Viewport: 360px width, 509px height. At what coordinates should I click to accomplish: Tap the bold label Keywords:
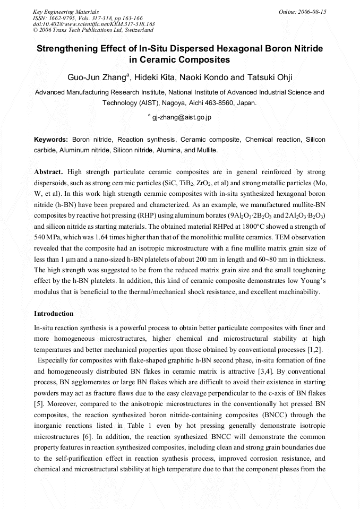51,140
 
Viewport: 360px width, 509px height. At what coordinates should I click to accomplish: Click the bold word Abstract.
48,172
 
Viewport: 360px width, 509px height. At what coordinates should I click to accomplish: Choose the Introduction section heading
54,314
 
